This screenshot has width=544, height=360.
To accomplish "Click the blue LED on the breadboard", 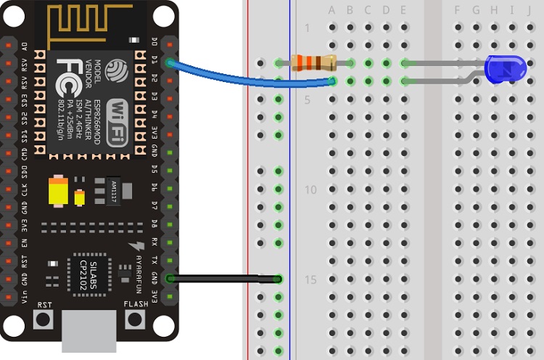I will click(x=506, y=70).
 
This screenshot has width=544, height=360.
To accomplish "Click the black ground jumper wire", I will click(x=225, y=278).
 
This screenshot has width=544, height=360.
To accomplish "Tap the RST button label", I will click(x=45, y=305).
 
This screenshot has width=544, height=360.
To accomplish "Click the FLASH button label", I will click(x=136, y=305).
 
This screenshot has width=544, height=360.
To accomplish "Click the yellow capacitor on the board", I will click(x=58, y=192).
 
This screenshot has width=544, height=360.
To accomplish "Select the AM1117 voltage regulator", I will click(x=112, y=189).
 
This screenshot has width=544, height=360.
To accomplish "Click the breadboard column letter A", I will click(x=332, y=10).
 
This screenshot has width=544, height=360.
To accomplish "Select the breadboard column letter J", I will click(x=529, y=10).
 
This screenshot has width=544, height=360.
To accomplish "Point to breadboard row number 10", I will click(x=310, y=189).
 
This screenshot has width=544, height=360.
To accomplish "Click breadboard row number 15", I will click(x=310, y=279).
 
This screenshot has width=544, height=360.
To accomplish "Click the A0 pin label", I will click(x=25, y=45).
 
